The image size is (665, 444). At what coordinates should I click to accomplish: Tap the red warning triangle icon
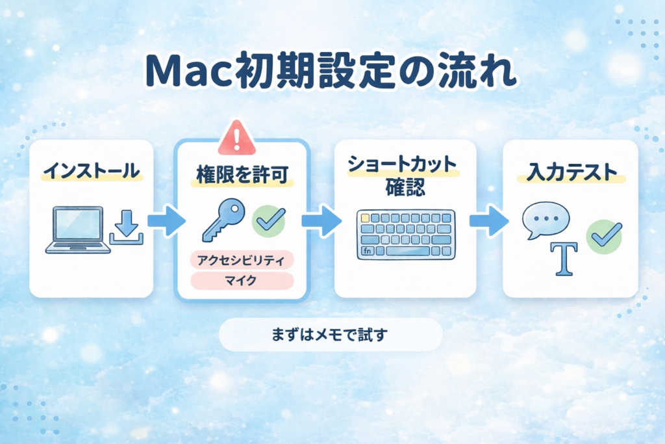(x=240, y=137)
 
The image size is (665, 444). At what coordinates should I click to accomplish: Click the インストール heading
(x=91, y=173)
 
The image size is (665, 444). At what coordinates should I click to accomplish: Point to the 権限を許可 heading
(x=242, y=175)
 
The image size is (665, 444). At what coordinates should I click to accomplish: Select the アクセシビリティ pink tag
(x=242, y=260)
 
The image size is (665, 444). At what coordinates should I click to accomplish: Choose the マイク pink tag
(x=242, y=281)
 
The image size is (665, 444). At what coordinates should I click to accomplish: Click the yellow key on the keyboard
(x=365, y=218)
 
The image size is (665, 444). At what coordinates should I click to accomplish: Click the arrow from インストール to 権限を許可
(x=166, y=221)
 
